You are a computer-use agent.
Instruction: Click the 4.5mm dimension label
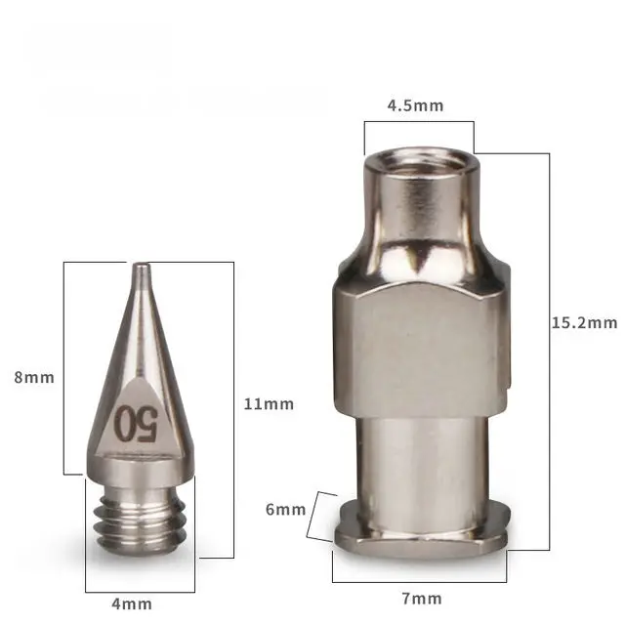(x=415, y=105)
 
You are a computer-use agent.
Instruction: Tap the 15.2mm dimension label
(x=584, y=322)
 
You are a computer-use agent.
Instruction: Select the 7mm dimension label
(x=422, y=599)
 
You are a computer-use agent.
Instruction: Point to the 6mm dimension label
(x=285, y=510)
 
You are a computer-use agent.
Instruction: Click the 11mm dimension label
(x=269, y=404)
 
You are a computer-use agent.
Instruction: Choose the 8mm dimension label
(x=34, y=377)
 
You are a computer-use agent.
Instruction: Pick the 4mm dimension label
(x=132, y=604)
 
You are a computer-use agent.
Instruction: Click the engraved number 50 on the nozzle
(x=137, y=424)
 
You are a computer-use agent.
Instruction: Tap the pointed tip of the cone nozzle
(x=141, y=265)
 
